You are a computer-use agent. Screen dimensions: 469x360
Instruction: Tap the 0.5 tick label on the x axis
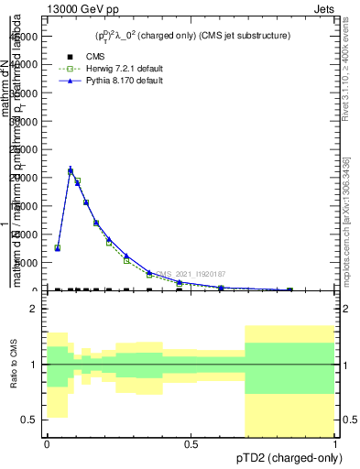pyautogui.click(x=191, y=443)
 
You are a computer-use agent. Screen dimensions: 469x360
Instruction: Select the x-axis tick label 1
pyautogui.click(x=334, y=443)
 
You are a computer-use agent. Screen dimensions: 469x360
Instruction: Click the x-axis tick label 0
pyautogui.click(x=47, y=443)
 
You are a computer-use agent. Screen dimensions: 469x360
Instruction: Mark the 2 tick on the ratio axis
pyautogui.click(x=33, y=309)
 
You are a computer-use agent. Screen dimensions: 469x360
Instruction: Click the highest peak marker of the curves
pyautogui.click(x=71, y=170)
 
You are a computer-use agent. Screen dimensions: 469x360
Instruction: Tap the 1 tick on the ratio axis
pyautogui.click(x=33, y=365)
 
